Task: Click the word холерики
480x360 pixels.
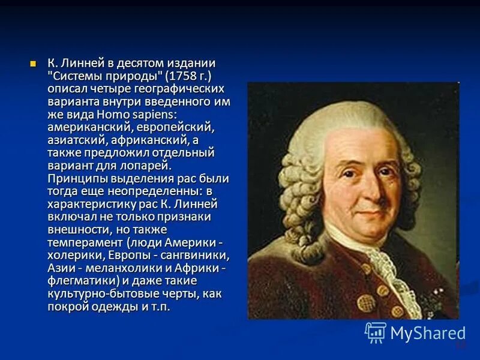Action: coord(73,255)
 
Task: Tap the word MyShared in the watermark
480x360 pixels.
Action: coord(428,333)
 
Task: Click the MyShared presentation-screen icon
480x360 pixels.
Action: coord(376,332)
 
